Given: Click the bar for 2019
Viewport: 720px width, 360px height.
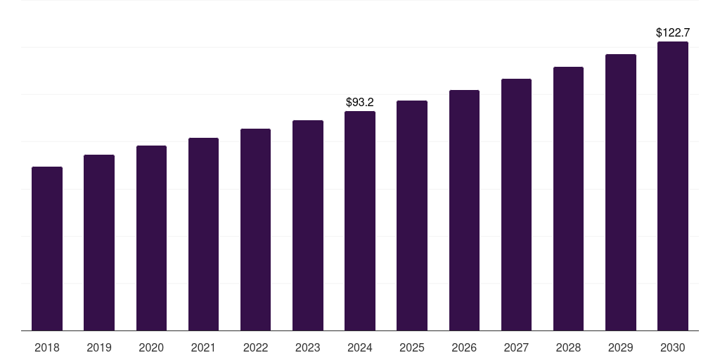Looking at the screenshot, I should point(99,243).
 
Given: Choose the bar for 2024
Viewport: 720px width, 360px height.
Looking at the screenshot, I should point(360,221).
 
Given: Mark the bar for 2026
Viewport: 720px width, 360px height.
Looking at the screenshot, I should point(464,210).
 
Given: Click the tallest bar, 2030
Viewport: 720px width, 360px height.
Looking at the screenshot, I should point(673,186).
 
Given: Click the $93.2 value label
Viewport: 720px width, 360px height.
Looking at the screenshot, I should point(360,103).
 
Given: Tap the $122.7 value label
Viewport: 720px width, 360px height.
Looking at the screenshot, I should point(673,32).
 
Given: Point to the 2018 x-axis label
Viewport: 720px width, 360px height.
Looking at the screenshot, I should point(47,347).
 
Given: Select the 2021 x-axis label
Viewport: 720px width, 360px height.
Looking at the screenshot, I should point(203,347).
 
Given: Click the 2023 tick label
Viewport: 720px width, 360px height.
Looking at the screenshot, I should point(308,347).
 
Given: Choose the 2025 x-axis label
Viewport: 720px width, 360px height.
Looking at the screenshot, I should point(412,347).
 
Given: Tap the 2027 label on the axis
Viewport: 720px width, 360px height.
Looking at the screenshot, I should point(516,347).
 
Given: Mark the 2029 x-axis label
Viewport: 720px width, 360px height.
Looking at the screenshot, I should point(621,347).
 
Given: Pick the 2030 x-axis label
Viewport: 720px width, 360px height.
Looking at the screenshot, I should point(673,347).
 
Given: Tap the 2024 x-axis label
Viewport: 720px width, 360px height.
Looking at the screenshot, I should point(360,347).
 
